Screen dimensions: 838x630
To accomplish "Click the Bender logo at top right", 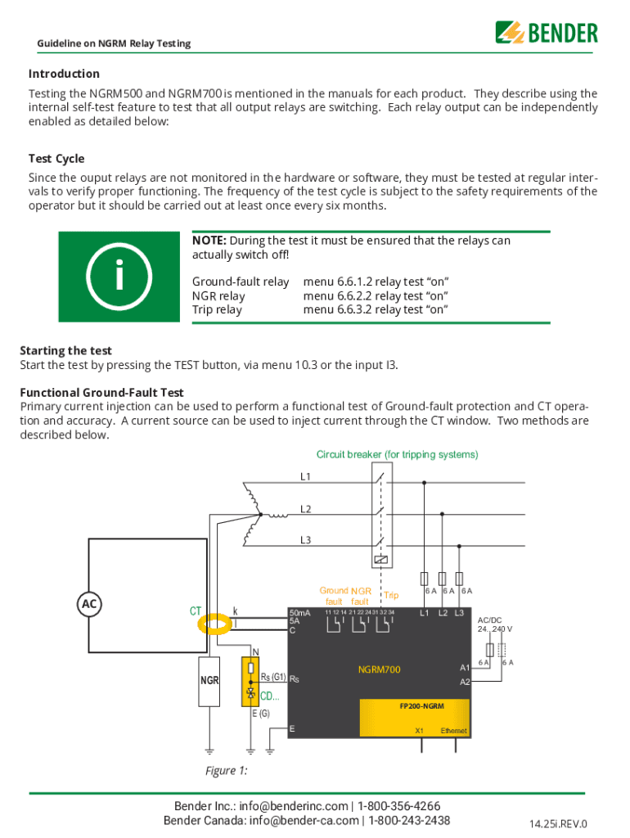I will [546, 33].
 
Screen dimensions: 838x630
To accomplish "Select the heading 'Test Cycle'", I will [56, 159].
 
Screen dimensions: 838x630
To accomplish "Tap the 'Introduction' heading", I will [64, 74].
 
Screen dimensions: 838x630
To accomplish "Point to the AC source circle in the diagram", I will [89, 604].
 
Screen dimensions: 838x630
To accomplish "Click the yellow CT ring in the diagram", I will [217, 624].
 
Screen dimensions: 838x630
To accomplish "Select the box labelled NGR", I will [209, 681].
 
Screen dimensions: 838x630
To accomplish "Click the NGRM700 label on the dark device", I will [379, 670].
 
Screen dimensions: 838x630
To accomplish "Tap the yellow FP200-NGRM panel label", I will [422, 705].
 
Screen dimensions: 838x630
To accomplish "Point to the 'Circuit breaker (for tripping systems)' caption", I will [397, 454].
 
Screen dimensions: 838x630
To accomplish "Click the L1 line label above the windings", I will [305, 475].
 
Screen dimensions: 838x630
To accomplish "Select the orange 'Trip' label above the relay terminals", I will [391, 596].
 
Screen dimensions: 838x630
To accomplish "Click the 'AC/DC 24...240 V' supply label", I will [495, 624].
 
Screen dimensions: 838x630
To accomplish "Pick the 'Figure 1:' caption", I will [226, 771].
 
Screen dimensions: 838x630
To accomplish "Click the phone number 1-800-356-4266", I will [398, 806].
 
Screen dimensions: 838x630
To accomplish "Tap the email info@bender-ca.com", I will [304, 821].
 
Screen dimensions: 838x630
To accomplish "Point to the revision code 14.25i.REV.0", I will [559, 824].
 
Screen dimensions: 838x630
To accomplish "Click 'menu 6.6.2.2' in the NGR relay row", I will [338, 295].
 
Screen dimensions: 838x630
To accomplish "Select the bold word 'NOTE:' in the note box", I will [209, 241].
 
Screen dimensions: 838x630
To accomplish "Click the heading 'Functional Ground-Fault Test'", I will [101, 393].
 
